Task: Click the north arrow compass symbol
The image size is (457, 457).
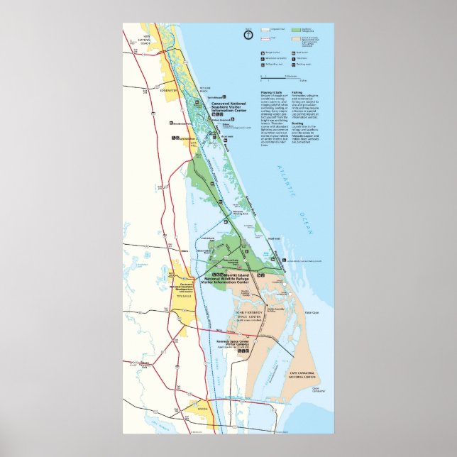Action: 249,33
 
